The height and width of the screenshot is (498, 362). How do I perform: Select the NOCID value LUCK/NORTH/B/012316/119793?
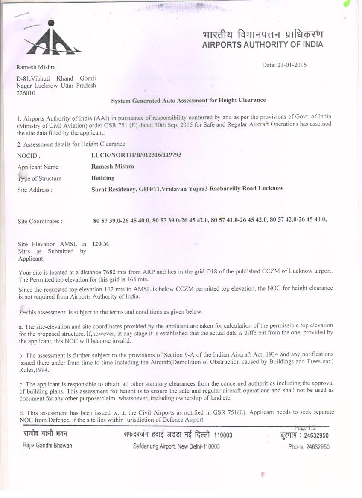(136, 155)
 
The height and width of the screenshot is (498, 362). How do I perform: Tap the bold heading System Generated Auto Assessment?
(188, 101)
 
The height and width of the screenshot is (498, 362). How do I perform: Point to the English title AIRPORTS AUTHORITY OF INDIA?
(263, 45)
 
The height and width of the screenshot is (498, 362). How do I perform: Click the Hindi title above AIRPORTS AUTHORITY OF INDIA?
(263, 34)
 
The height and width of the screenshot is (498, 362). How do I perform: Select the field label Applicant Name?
(39, 167)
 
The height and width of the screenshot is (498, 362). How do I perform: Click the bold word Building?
(103, 178)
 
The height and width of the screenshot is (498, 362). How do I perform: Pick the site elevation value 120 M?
(100, 244)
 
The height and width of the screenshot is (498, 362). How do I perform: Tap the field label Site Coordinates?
(40, 222)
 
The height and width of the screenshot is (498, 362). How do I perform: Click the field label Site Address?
(35, 190)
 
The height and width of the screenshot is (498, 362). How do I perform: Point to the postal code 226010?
(26, 93)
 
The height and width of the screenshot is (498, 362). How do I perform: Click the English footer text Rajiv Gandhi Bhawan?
(47, 446)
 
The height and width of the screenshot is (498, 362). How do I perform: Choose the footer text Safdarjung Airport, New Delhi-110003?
(176, 446)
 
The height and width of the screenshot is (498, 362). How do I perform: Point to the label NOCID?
(29, 156)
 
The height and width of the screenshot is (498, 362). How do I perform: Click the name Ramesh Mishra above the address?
(36, 67)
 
